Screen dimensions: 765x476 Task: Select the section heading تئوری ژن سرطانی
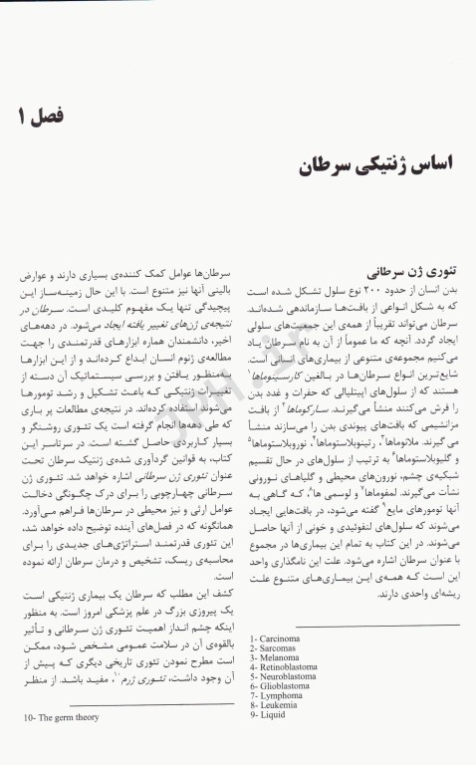pos(410,269)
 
